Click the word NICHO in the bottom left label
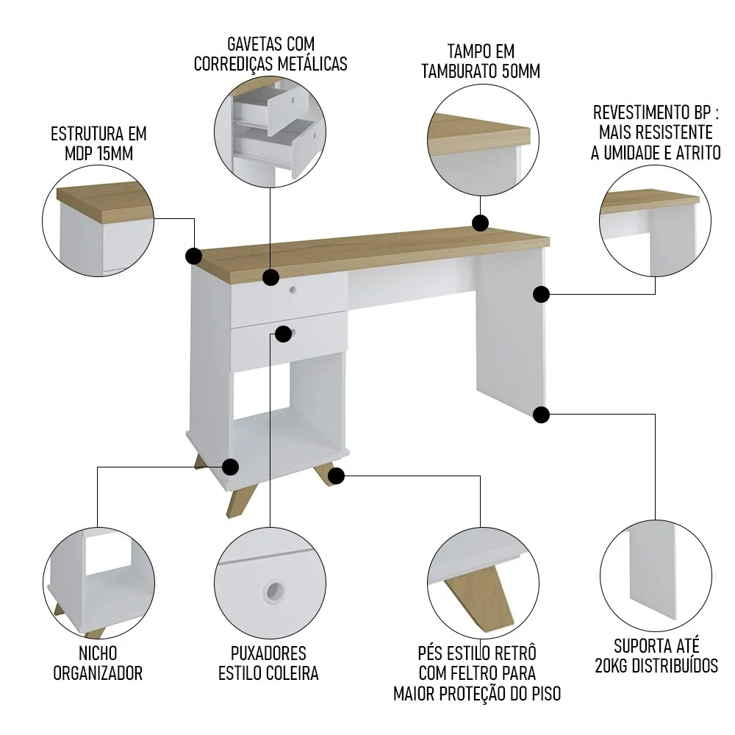point(98,653)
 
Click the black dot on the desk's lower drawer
point(282,333)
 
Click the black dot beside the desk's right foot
point(336,476)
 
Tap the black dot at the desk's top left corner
point(194,256)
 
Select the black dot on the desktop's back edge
point(480,223)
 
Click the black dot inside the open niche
point(231,467)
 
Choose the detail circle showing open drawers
point(270,129)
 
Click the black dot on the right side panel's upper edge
point(541,295)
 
